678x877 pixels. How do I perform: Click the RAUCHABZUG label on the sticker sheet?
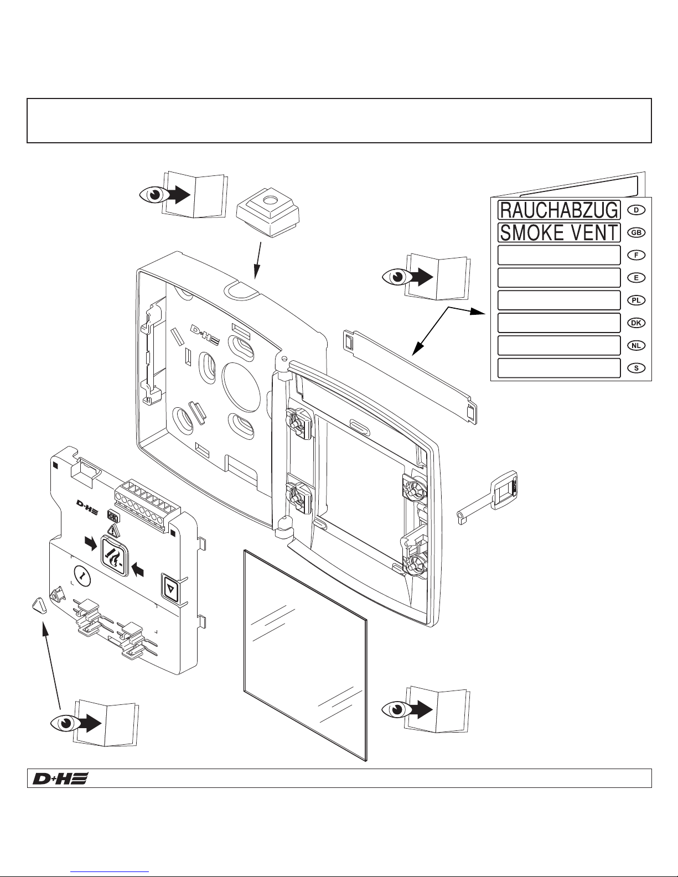click(559, 210)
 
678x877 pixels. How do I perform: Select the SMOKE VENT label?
click(559, 232)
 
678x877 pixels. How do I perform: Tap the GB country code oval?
click(636, 232)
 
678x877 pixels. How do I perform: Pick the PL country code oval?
click(636, 300)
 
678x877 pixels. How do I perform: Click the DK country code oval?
click(636, 323)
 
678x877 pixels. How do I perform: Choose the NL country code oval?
click(636, 345)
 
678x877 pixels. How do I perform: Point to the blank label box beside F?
click(559, 255)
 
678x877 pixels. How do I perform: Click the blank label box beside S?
click(559, 368)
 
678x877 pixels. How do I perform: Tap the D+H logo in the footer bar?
click(60, 779)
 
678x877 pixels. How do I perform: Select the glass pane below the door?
click(306, 655)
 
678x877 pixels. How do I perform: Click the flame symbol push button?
click(115, 556)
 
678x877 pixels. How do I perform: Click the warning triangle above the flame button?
click(114, 531)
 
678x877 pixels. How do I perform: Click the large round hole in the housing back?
click(241, 387)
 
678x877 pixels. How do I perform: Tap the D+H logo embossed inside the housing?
click(205, 335)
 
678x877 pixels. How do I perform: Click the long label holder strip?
click(410, 377)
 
